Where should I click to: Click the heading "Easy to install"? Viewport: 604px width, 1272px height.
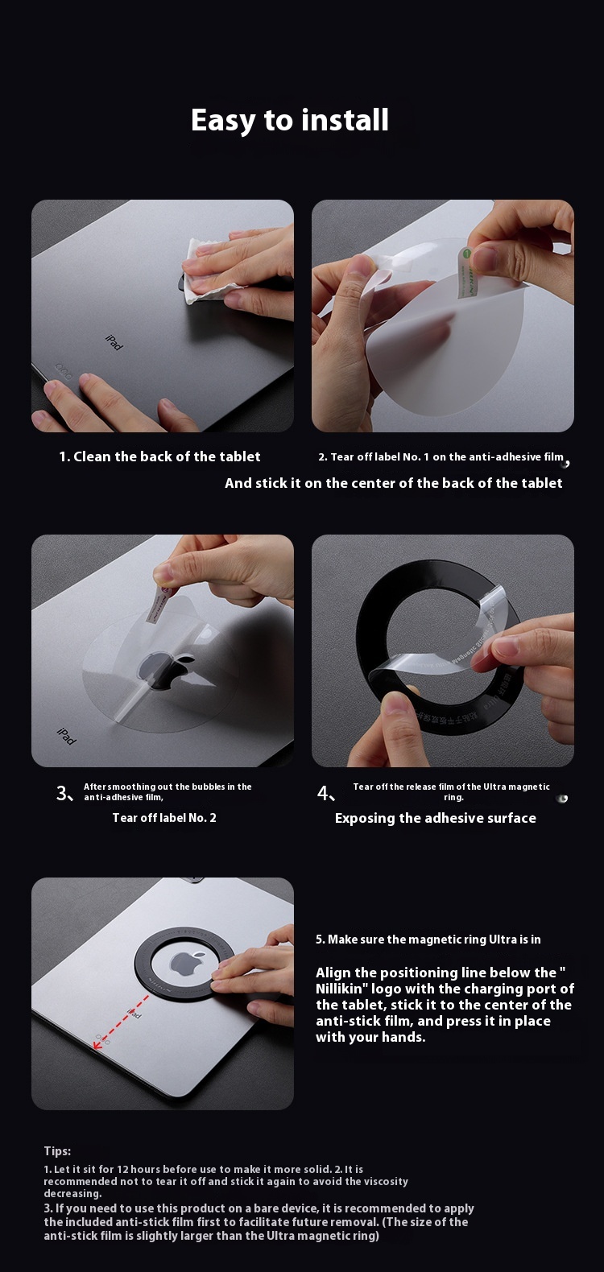pyautogui.click(x=290, y=121)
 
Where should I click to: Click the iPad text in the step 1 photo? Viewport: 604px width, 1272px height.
pyautogui.click(x=114, y=342)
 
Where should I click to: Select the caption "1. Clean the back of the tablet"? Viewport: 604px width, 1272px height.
pyautogui.click(x=159, y=456)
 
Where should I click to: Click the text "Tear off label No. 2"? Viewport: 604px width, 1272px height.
pyautogui.click(x=164, y=818)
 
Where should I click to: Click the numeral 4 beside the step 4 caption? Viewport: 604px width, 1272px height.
pyautogui.click(x=323, y=793)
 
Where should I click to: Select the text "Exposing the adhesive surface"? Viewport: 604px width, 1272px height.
pyautogui.click(x=435, y=818)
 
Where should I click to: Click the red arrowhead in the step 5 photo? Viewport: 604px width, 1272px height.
pyautogui.click(x=97, y=1043)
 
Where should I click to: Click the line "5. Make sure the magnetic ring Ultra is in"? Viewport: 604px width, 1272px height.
pyautogui.click(x=428, y=940)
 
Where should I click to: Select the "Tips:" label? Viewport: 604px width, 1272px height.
pyautogui.click(x=57, y=1151)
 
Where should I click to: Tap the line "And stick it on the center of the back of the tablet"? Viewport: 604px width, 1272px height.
pyautogui.click(x=393, y=483)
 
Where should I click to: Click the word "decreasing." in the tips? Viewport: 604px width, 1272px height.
pyautogui.click(x=72, y=1194)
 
